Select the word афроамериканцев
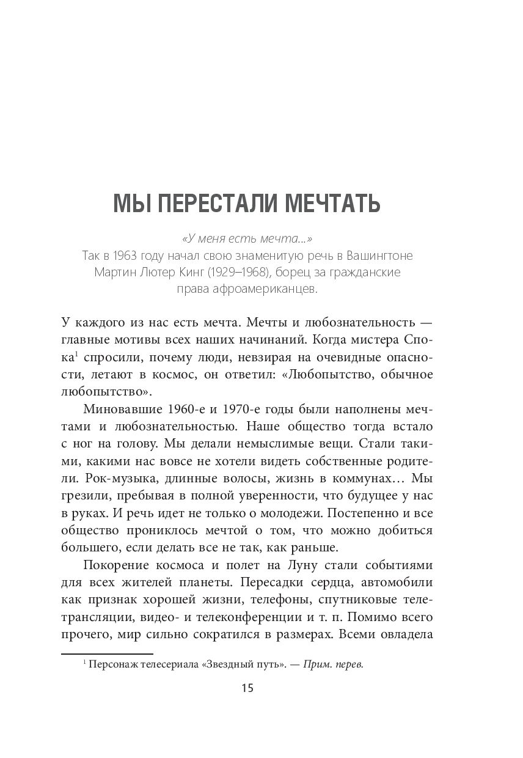(276, 289)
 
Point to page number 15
(247, 688)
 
